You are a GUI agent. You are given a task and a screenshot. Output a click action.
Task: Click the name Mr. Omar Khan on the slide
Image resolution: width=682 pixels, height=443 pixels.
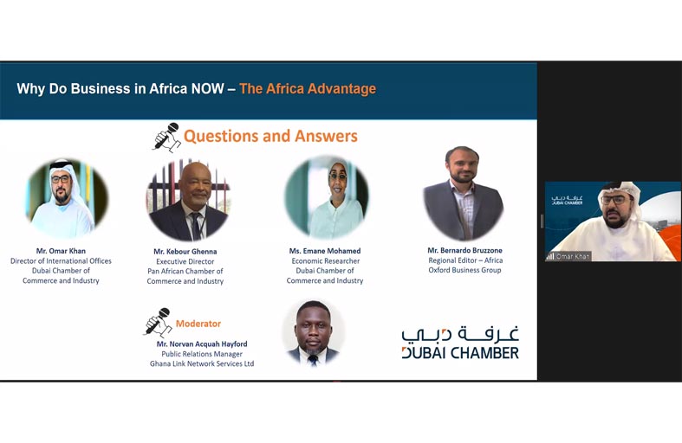point(61,251)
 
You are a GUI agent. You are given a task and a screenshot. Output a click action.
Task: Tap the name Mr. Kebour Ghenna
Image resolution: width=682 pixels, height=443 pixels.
point(185,252)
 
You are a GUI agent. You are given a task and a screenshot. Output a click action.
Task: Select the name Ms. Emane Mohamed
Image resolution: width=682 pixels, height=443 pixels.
point(325,251)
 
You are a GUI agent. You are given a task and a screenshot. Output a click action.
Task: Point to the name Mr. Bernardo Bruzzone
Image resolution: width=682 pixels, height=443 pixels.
point(464,250)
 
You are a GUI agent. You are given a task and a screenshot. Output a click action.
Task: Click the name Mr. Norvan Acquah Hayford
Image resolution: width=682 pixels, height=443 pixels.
point(202,344)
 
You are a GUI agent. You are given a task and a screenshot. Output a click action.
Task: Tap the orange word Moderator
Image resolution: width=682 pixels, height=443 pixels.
point(198,324)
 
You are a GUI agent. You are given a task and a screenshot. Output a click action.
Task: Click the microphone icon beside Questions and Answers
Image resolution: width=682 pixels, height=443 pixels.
point(167,137)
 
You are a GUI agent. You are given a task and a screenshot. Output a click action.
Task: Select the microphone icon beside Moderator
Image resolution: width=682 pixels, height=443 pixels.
point(158,322)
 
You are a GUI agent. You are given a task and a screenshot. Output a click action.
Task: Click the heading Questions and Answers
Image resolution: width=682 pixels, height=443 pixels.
point(270,136)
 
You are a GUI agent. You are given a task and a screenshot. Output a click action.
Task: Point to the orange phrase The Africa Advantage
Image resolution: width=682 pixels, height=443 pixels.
point(308,88)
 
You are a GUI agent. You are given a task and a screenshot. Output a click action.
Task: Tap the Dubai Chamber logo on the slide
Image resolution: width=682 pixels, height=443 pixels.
point(460,343)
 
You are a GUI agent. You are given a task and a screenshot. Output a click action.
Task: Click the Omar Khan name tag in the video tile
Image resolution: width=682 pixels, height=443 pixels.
point(568,256)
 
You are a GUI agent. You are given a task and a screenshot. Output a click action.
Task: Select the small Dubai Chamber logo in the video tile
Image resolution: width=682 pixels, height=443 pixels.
point(567,200)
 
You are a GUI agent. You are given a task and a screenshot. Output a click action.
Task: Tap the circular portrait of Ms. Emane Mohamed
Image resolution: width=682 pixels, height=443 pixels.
point(327,197)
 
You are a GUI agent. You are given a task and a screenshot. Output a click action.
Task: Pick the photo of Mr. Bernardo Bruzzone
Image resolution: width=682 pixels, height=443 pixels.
point(464,193)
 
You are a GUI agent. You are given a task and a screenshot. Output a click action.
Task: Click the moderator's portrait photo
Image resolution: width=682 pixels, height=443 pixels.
point(313,332)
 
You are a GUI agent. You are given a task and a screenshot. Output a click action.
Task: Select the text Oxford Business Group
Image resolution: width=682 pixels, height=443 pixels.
point(464,270)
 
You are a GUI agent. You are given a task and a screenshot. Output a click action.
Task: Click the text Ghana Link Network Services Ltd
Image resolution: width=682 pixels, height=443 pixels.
point(202,363)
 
